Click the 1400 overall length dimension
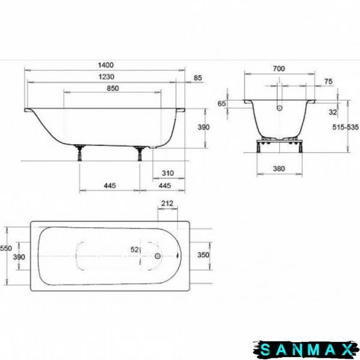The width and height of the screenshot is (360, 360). pyautogui.click(x=106, y=65)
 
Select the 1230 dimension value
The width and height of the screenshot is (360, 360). pyautogui.click(x=106, y=77)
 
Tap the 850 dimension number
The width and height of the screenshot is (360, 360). pyautogui.click(x=113, y=88)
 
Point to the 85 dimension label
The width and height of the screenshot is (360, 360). pyautogui.click(x=197, y=78)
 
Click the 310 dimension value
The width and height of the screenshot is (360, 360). pyautogui.click(x=168, y=173)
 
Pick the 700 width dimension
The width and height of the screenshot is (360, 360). pyautogui.click(x=279, y=68)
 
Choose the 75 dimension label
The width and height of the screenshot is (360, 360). pyautogui.click(x=328, y=82)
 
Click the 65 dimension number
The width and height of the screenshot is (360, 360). pyautogui.click(x=221, y=104)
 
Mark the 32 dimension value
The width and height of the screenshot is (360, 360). pyautogui.click(x=332, y=112)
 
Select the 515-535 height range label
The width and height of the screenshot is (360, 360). pyautogui.click(x=346, y=127)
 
